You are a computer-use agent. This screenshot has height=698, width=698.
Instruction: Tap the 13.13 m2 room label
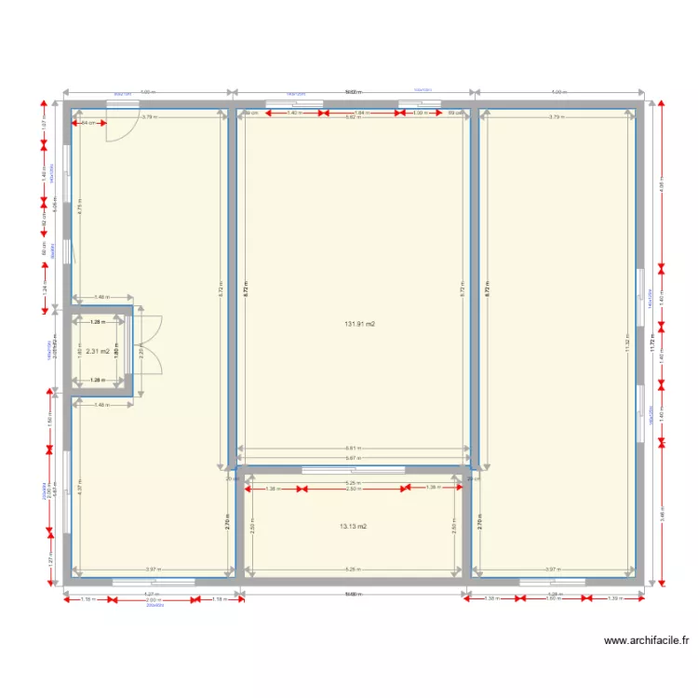click(353, 526)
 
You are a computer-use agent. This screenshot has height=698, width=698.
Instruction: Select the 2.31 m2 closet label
click(98, 352)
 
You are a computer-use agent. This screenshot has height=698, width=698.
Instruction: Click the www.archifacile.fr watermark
click(646, 640)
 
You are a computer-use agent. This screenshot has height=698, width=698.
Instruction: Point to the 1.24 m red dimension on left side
click(44, 289)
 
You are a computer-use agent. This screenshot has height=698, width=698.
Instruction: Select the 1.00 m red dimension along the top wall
click(418, 113)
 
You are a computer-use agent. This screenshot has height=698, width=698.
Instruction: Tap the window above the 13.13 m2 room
click(354, 470)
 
